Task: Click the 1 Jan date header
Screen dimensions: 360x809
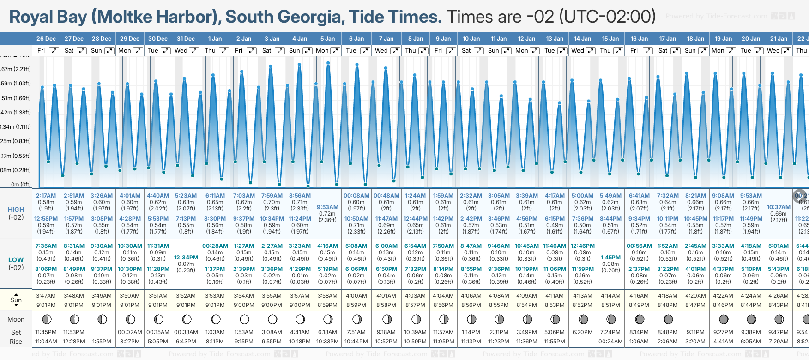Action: click(x=215, y=39)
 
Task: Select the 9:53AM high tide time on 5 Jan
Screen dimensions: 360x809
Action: click(x=327, y=207)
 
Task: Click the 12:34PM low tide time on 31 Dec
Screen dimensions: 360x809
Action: click(x=186, y=258)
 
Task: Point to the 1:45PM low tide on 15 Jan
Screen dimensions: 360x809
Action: click(x=610, y=258)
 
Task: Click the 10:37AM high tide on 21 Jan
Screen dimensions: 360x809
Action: click(x=779, y=207)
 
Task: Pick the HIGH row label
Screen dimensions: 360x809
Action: click(x=16, y=210)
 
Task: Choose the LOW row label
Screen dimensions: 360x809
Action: click(x=16, y=260)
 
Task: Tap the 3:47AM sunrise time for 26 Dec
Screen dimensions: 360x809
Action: click(x=46, y=296)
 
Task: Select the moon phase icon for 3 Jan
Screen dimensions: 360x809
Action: click(x=272, y=319)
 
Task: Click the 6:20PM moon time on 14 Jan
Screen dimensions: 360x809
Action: click(x=582, y=332)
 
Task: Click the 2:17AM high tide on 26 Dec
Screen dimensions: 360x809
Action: click(x=46, y=196)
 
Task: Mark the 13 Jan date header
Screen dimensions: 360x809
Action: click(x=555, y=39)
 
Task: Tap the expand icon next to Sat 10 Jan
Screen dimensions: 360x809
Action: click(x=479, y=51)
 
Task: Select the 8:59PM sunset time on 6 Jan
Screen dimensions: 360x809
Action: click(x=356, y=305)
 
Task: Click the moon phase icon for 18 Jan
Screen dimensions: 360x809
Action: click(x=696, y=319)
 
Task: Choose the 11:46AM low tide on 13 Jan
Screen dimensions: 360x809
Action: click(x=555, y=246)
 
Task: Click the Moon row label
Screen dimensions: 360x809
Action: click(x=16, y=319)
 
